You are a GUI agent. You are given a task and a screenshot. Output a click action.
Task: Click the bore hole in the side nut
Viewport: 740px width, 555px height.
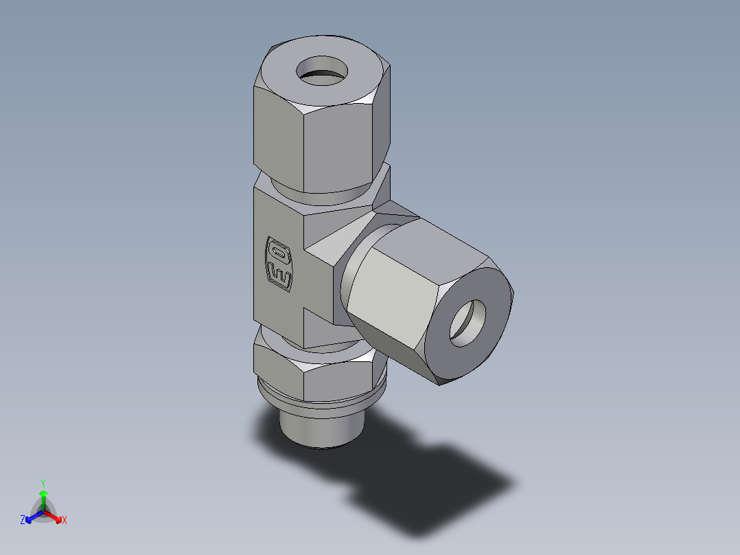[467, 322]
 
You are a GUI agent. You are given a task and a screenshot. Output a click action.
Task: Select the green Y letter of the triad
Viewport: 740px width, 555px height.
[43, 482]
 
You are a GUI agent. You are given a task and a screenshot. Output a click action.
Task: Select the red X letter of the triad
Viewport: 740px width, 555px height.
[65, 521]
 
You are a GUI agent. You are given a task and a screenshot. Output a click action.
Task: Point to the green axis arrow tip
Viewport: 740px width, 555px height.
[43, 493]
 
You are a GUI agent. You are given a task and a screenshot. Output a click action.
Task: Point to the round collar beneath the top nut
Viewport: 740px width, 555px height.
[323, 196]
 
